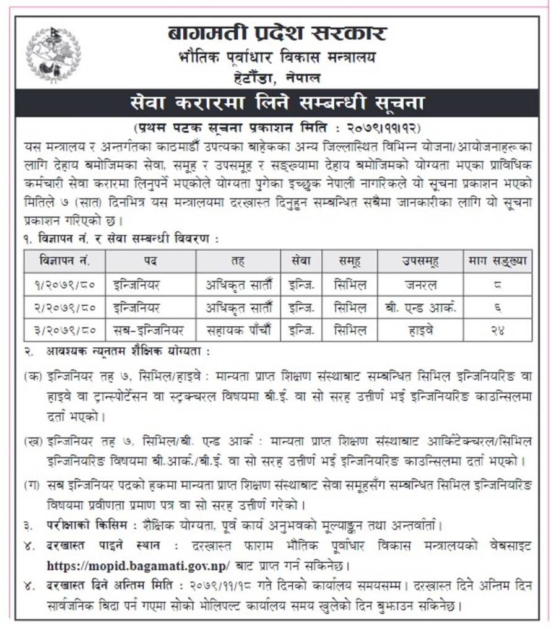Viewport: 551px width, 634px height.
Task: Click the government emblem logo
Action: [x=53, y=54]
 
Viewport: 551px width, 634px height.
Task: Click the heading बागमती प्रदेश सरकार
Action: [x=277, y=32]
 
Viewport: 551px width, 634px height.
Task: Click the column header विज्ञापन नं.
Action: [x=64, y=261]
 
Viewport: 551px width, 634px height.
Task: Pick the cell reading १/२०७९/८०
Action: [x=64, y=285]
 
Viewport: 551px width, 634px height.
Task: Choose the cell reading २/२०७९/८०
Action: [x=64, y=308]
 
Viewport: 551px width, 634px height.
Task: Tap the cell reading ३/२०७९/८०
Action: [x=64, y=330]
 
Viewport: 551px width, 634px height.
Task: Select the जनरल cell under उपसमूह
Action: [x=421, y=285]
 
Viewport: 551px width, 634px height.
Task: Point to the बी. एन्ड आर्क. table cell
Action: [x=421, y=308]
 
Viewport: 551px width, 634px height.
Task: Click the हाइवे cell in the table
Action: [x=421, y=330]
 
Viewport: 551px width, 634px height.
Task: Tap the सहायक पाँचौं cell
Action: [x=238, y=330]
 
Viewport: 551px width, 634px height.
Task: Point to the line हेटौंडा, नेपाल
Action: [x=276, y=78]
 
